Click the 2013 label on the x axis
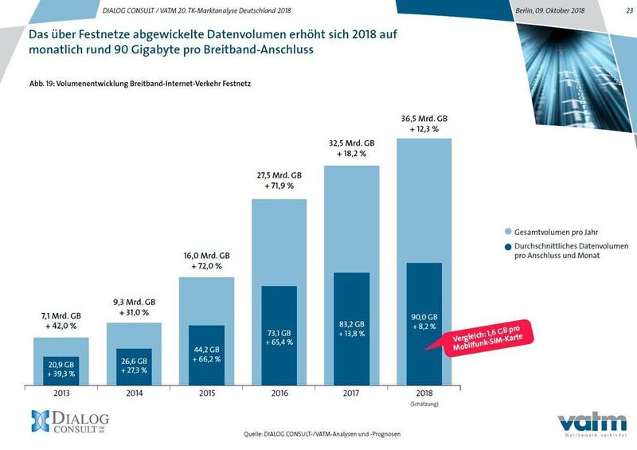click(61, 393)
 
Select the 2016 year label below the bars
click(279, 393)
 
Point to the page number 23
click(619, 10)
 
